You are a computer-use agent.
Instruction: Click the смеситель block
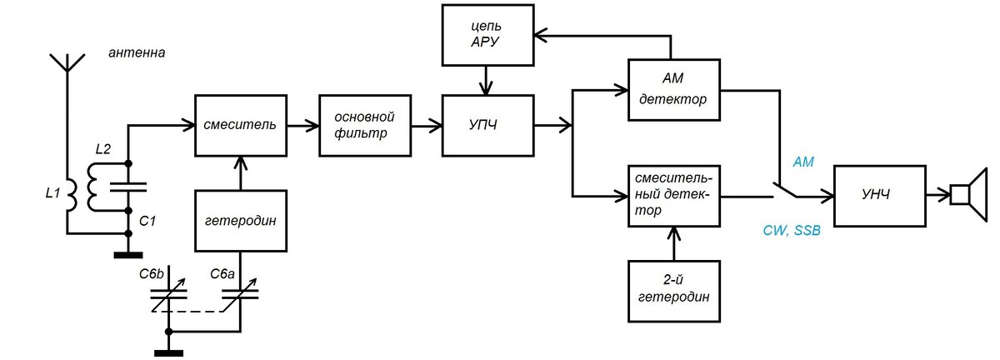[241, 126]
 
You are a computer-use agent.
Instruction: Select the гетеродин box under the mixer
[241, 221]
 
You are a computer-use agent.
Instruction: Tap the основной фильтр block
[365, 126]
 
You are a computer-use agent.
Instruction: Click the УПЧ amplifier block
[488, 126]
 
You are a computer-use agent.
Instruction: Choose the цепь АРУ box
[488, 35]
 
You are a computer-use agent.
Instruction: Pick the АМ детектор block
[674, 90]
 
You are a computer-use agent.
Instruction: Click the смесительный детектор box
[674, 196]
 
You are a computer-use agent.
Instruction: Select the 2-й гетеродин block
[674, 291]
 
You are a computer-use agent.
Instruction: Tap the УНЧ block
[880, 196]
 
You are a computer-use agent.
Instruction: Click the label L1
[52, 193]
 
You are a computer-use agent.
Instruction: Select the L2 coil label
[103, 149]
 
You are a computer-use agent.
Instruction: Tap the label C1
[147, 221]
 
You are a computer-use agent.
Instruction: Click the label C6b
[152, 274]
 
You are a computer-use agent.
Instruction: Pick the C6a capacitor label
[222, 274]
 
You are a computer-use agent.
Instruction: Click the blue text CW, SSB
[792, 231]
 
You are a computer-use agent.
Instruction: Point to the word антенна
[137, 52]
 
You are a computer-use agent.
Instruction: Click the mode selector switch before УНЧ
[786, 190]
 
